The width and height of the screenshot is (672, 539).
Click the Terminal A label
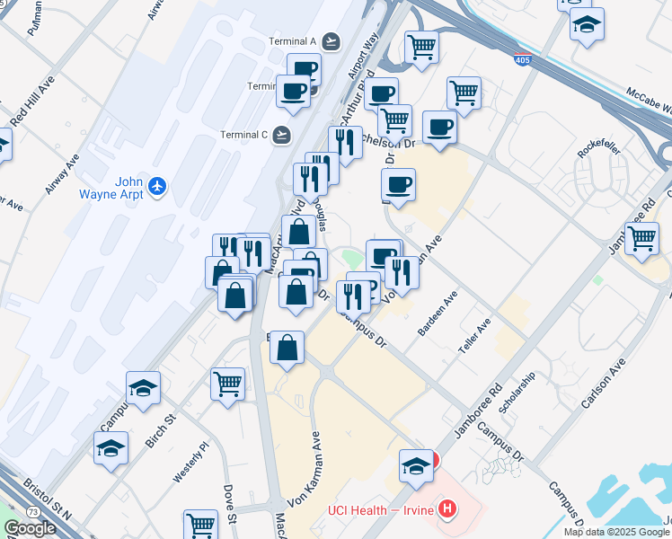[x=293, y=41]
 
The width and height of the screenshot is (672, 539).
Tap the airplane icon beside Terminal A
[x=332, y=41]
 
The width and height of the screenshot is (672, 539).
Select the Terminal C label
[x=244, y=136]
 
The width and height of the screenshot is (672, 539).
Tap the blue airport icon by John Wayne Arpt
[x=158, y=186]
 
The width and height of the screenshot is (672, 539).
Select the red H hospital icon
[x=447, y=510]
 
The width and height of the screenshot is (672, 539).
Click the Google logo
[x=30, y=528]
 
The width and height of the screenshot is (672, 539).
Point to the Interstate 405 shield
[x=522, y=61]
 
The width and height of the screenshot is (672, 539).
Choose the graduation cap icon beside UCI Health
[x=414, y=465]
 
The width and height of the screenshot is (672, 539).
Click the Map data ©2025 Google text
[x=616, y=532]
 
